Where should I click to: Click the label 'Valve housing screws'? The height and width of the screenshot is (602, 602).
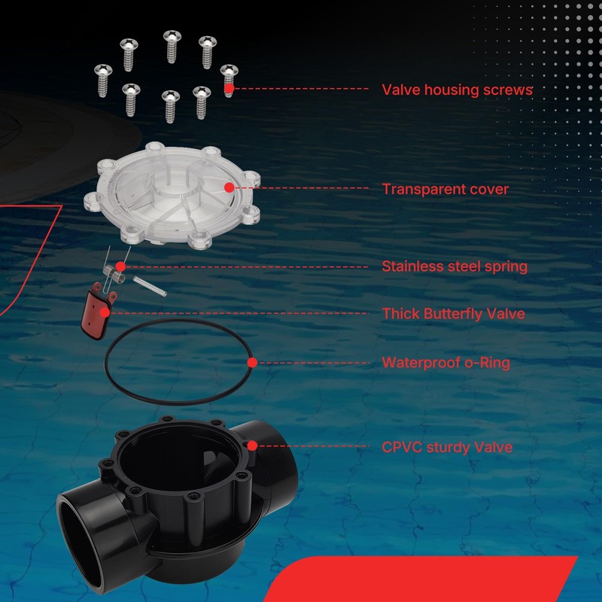[458, 90]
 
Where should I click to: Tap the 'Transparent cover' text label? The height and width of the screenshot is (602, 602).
[445, 189]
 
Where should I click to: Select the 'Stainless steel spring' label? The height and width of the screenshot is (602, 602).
[455, 266]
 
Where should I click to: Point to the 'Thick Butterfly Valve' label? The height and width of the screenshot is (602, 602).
[454, 314]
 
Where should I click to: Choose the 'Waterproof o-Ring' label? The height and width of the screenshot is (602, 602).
[446, 363]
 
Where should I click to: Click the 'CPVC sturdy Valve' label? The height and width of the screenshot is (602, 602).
[447, 447]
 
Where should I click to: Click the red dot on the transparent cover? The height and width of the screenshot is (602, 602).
[229, 187]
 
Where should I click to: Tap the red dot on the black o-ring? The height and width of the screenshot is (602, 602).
[252, 363]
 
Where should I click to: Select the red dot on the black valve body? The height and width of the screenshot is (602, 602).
[252, 445]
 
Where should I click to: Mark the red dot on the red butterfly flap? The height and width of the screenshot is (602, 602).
[105, 312]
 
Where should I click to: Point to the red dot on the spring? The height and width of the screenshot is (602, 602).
[120, 266]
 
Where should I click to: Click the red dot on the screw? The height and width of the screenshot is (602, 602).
[230, 88]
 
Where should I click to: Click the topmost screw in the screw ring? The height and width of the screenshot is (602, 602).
[172, 47]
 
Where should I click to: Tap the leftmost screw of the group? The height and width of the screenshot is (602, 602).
[103, 81]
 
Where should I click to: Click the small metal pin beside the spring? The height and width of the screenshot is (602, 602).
[150, 286]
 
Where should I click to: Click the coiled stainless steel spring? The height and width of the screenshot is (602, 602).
[114, 272]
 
